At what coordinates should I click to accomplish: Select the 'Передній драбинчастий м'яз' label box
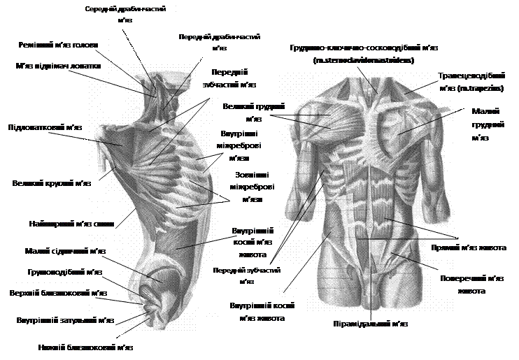[219, 41]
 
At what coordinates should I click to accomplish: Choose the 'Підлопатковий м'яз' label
[45, 128]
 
